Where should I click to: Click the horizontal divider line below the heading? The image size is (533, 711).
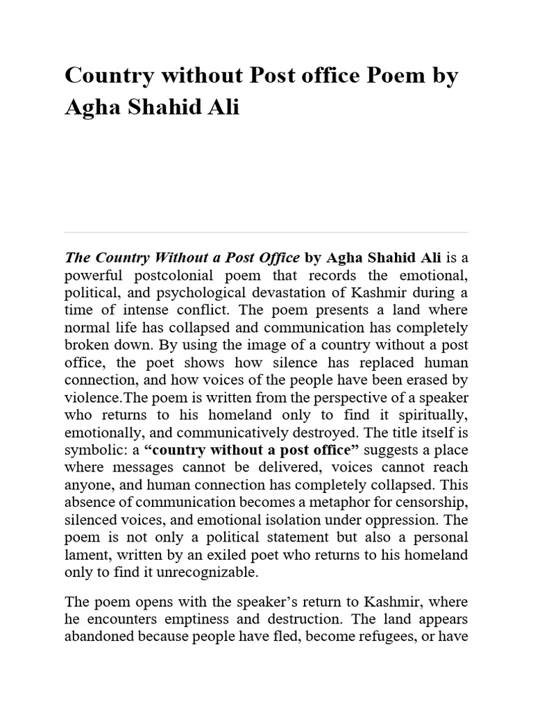[x=266, y=232]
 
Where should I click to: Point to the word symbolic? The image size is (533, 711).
[x=91, y=450]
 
